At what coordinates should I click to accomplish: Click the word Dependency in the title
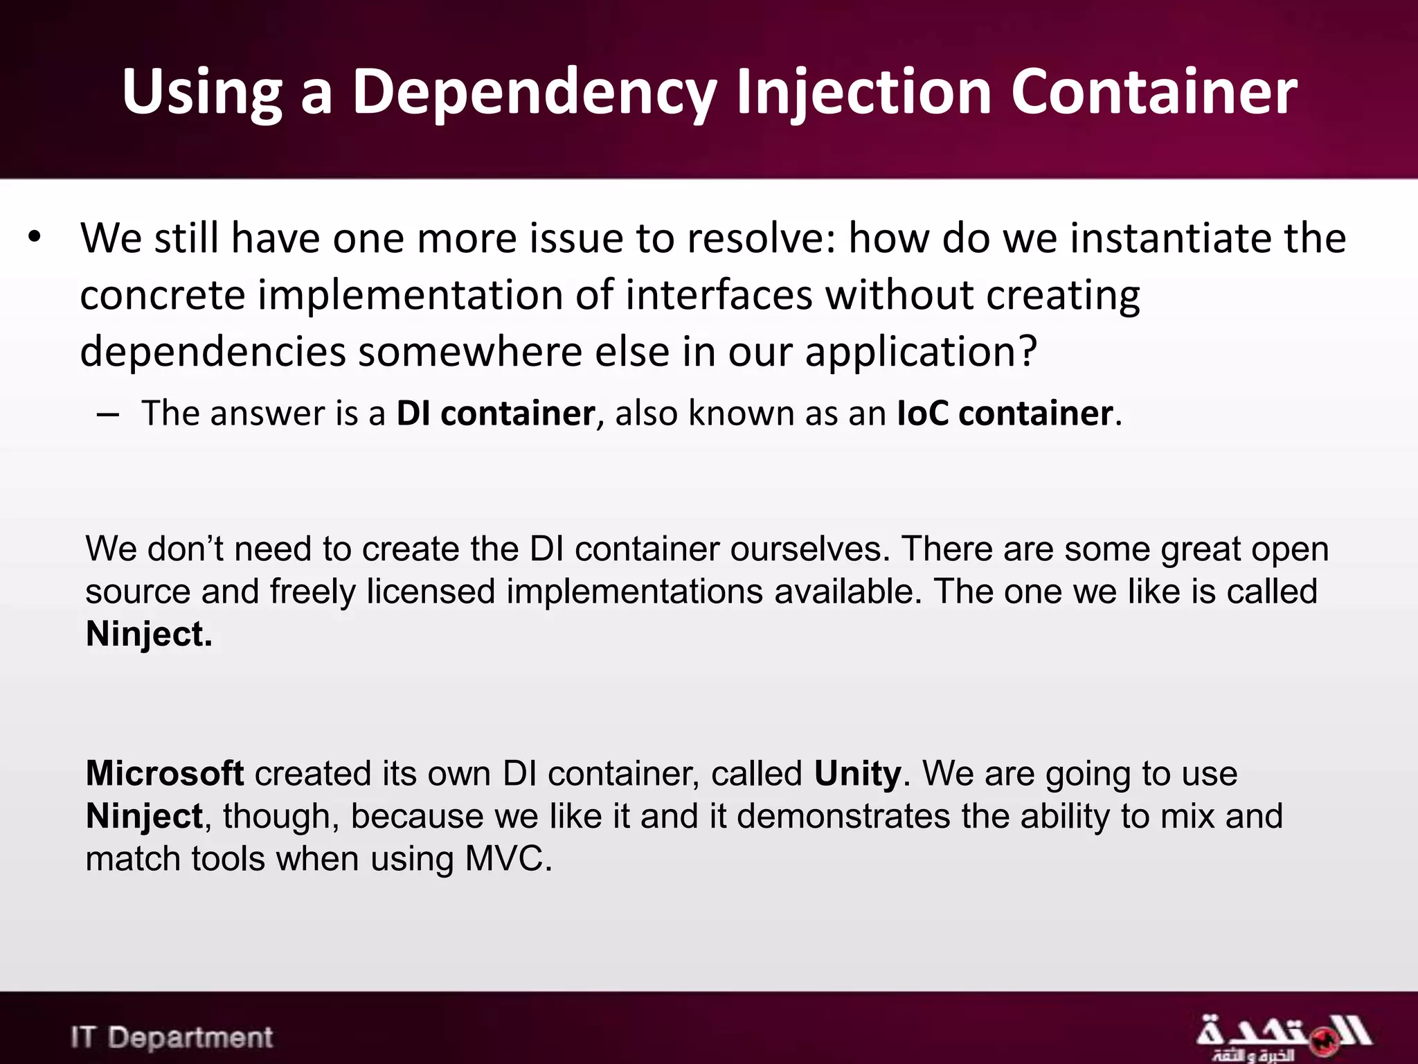(533, 91)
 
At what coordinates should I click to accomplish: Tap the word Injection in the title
(863, 91)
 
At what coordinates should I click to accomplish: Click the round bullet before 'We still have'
(35, 238)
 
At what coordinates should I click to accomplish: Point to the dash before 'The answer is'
(108, 415)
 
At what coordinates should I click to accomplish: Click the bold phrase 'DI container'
(495, 414)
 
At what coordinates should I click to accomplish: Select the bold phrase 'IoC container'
(1005, 414)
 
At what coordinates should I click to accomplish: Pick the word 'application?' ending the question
(920, 352)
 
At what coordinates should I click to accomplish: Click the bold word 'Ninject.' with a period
(149, 634)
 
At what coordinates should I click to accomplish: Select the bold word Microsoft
(164, 773)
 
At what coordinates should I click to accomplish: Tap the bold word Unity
(857, 773)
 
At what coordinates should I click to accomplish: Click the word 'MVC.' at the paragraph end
(508, 859)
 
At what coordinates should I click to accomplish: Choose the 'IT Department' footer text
(172, 1038)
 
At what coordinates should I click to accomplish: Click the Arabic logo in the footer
(1283, 1037)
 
